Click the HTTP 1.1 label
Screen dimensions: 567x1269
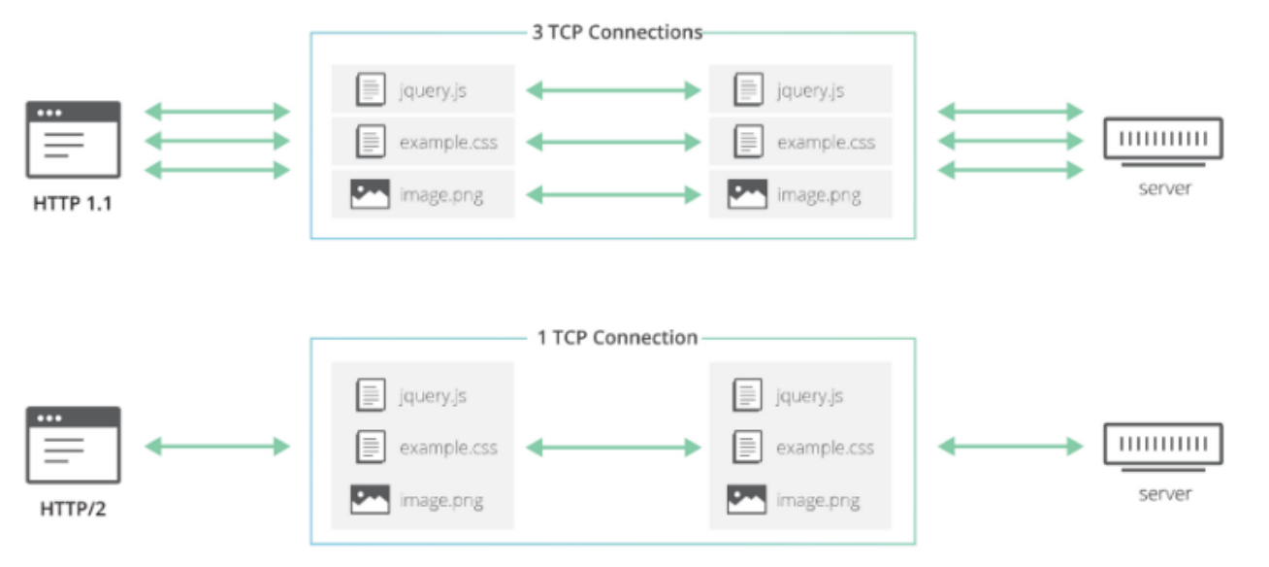[x=73, y=205]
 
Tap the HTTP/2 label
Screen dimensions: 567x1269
[x=73, y=508]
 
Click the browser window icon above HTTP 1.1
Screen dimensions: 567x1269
[x=73, y=140]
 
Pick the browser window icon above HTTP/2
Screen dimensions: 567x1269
[x=73, y=445]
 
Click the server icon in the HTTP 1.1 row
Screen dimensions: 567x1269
[x=1164, y=140]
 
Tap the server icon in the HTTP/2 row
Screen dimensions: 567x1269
[x=1164, y=446]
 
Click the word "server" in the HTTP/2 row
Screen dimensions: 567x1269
[x=1164, y=494]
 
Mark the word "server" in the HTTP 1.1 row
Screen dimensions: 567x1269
[x=1164, y=188]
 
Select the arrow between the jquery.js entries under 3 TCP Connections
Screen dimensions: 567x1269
[x=613, y=91]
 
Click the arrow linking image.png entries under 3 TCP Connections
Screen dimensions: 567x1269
[x=613, y=195]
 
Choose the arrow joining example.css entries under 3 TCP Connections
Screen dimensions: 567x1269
[x=613, y=142]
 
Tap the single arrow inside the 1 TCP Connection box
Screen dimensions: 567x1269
[x=613, y=447]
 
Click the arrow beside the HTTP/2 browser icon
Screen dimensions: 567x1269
[x=217, y=447]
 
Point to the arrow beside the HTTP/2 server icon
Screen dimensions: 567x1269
[x=1011, y=447]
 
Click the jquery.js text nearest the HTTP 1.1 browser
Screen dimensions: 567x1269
[x=433, y=91]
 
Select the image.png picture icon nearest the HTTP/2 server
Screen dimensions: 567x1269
[x=746, y=499]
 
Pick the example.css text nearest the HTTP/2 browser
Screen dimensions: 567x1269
[x=448, y=448]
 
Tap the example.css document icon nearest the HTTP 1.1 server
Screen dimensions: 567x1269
[x=747, y=142]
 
